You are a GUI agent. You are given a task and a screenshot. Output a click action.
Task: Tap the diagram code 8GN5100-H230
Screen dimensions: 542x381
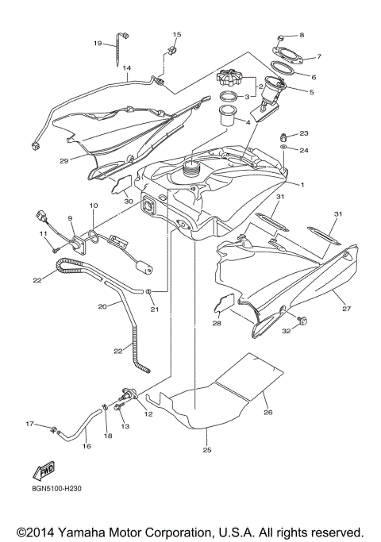coord(52,489)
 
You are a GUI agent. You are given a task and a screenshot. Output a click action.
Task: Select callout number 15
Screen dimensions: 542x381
coord(176,35)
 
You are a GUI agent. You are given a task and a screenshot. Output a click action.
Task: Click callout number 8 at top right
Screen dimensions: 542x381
coord(301,36)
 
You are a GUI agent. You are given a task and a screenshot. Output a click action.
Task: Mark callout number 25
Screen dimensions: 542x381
coord(206,451)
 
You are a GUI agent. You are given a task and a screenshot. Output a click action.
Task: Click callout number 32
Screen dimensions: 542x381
coord(286,332)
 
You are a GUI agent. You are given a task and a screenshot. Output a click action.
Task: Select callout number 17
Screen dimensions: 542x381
coord(29,425)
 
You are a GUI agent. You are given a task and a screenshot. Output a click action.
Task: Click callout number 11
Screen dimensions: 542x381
coord(44,234)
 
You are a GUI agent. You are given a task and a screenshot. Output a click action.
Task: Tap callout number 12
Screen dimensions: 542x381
coord(148,413)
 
